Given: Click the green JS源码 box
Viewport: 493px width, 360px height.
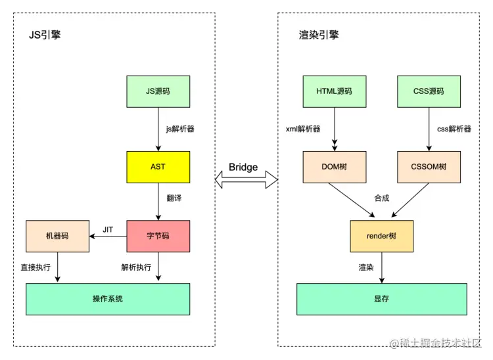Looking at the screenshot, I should (158, 91).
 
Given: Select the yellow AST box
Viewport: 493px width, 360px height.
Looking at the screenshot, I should (158, 167).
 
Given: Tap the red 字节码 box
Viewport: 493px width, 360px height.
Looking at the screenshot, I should (158, 236).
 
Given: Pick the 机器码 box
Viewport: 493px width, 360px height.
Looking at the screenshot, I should (57, 236).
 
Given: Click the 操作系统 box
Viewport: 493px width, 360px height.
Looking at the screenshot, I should (108, 299).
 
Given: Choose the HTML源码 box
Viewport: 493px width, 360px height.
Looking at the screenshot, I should (334, 91).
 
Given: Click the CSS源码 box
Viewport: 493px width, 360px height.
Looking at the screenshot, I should (428, 91).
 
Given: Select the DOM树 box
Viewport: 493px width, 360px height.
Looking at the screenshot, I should (334, 167).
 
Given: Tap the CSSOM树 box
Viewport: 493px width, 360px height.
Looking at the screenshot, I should (428, 167).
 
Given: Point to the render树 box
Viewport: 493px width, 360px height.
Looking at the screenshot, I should (381, 236).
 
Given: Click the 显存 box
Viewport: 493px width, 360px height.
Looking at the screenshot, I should (381, 299).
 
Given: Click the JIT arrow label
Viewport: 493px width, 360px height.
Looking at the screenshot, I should (108, 229).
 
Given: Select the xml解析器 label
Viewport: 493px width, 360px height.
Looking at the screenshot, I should (304, 129).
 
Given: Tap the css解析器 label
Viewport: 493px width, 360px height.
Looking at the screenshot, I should (454, 129).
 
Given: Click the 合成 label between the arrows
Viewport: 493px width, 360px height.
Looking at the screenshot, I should (381, 198).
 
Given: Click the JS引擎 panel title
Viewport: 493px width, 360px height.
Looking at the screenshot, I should (45, 35).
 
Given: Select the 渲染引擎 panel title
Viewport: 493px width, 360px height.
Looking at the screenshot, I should (318, 35).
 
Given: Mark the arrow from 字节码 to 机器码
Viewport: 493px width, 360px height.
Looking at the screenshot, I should (108, 236).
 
